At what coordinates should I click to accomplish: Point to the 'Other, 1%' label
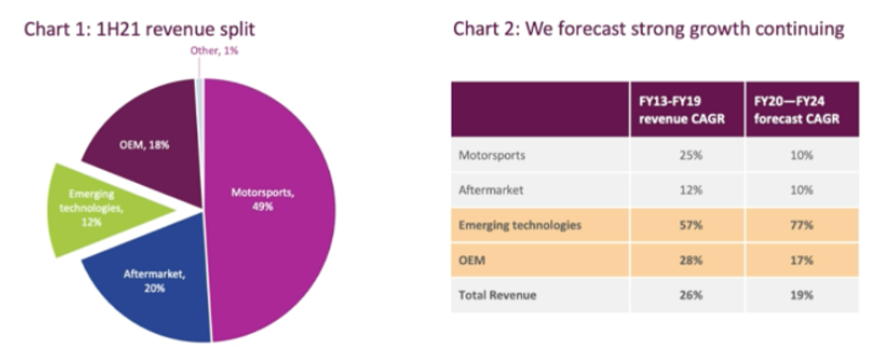214,50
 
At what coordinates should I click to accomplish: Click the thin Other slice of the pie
200,142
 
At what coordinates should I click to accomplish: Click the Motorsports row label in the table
491,154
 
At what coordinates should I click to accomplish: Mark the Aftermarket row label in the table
491,190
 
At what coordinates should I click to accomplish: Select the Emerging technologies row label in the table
520,225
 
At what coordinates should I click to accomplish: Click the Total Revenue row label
497,295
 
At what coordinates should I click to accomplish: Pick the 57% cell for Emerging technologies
690,225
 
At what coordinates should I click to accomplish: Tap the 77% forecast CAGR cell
802,225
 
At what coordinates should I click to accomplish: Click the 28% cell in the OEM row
690,260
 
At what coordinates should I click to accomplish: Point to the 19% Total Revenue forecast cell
802,295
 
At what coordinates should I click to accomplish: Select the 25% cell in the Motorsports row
690,154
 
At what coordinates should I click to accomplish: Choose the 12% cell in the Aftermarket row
690,190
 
